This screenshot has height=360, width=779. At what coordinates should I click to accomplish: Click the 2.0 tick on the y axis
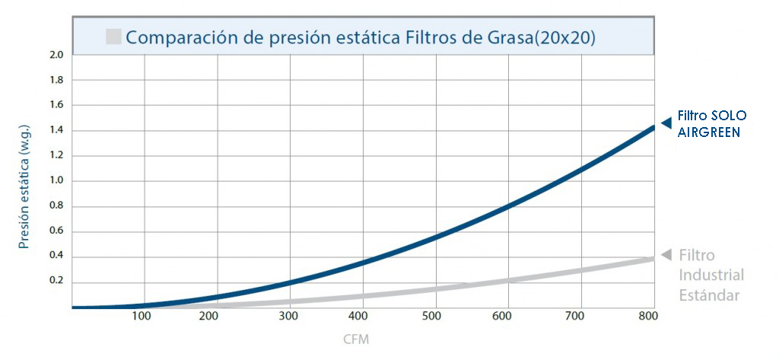coord(56,55)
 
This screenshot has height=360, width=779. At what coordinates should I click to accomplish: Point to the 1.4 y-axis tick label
coord(56,130)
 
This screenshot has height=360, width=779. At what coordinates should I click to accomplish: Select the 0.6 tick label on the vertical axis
coord(56,231)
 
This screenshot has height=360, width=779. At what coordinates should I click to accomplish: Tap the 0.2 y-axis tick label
coord(56,282)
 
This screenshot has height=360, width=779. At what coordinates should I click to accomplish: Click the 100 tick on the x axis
coord(141,317)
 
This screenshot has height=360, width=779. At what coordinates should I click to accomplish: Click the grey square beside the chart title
coord(114,36)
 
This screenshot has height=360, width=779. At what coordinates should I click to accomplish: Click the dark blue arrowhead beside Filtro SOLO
coord(666,123)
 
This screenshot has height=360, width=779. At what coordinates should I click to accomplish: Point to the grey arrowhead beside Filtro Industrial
coord(666,254)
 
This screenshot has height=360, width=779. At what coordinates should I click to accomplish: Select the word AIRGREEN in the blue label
coord(709,132)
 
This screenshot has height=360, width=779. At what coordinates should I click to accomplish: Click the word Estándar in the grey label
coord(709,295)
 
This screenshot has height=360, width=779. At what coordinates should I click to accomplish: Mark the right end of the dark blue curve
coord(653,128)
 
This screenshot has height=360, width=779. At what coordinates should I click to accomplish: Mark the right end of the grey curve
coord(653,259)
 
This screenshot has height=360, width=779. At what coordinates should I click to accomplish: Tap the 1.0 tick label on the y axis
coord(56,181)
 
